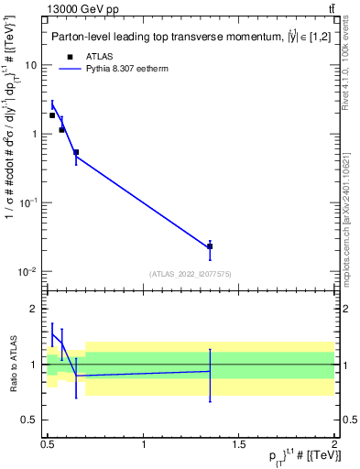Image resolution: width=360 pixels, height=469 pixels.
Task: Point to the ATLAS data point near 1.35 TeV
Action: (x=211, y=246)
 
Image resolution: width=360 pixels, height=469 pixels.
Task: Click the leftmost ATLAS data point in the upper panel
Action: (x=52, y=115)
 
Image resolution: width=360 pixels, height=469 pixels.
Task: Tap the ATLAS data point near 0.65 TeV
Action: (x=76, y=152)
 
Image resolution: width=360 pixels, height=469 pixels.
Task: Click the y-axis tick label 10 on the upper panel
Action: (x=32, y=66)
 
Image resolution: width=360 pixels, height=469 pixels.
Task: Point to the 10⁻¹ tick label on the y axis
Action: (x=30, y=202)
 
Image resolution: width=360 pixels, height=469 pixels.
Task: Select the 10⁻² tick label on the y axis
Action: (x=30, y=271)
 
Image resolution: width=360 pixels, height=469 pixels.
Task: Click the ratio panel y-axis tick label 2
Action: (x=36, y=310)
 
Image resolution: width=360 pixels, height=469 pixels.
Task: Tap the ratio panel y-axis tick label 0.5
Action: (x=31, y=420)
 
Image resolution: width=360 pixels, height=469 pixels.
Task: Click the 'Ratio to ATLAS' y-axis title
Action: (x=12, y=364)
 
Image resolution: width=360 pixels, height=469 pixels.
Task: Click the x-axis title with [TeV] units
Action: (x=294, y=459)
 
